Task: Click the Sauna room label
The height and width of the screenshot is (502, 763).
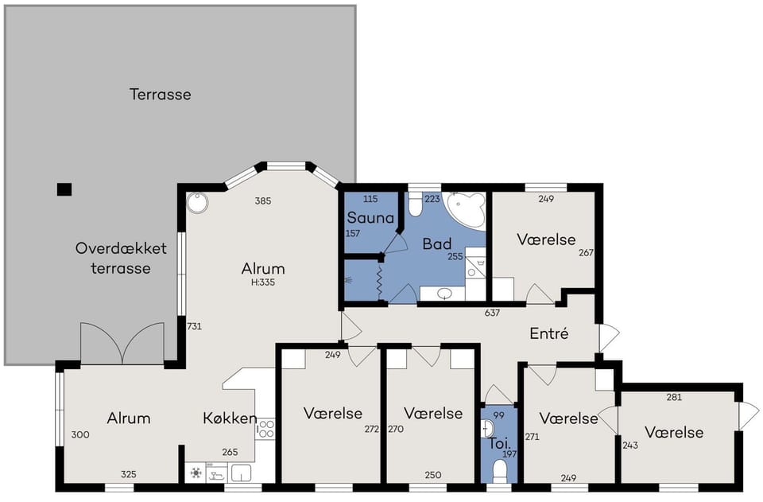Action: coord(370,217)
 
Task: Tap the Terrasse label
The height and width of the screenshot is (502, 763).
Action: coord(160,94)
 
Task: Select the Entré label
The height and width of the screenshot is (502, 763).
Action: coord(549,333)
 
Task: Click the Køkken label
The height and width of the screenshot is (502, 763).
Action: coord(230,418)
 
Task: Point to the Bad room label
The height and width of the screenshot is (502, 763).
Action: coord(436,243)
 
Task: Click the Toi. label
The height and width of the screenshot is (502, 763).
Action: coord(499,443)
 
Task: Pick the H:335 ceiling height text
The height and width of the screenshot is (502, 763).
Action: coord(263,282)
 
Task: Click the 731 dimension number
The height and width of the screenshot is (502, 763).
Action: coord(194,326)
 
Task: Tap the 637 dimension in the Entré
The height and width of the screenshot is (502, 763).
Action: coord(492,313)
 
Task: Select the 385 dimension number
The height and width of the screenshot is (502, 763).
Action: coord(263,200)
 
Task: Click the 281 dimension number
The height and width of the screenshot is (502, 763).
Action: coord(674,397)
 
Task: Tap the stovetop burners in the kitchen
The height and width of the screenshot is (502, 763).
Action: coord(265,429)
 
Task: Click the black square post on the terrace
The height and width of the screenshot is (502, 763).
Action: coord(64,189)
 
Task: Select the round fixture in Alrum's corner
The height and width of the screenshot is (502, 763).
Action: coord(197,203)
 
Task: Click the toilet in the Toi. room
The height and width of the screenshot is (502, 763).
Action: coord(500,472)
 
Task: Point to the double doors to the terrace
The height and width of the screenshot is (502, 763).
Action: coord(122,343)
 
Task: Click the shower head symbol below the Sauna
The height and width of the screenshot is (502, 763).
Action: coord(348,281)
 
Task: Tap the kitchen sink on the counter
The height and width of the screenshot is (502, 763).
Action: coord(241,473)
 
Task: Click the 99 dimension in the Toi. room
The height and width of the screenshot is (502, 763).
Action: coord(499,415)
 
